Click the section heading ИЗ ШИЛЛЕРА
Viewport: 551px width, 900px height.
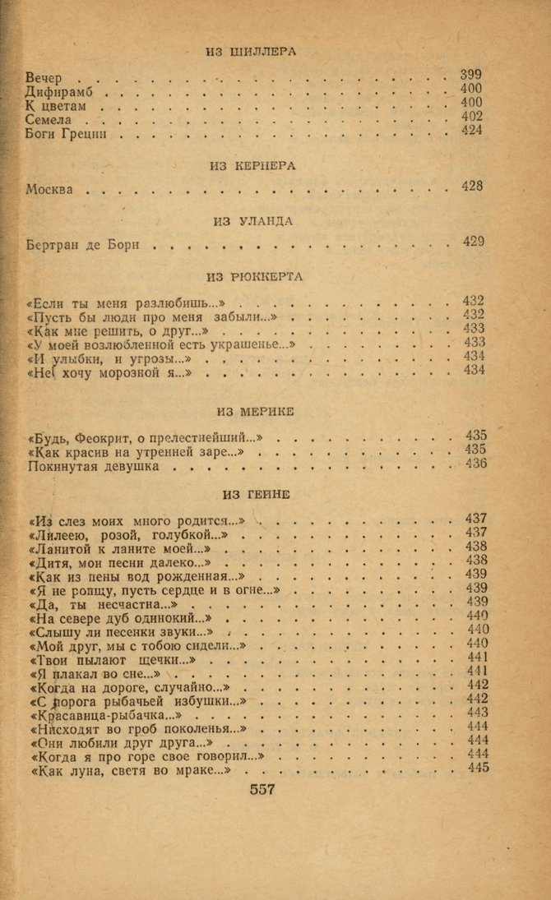(252, 51)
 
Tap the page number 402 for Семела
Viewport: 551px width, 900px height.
(471, 117)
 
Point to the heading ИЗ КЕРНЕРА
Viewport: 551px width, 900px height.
(252, 165)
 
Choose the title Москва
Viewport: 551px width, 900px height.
(49, 189)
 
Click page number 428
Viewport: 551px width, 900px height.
(472, 187)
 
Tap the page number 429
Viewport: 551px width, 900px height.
(473, 241)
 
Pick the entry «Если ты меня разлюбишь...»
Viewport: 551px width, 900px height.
(126, 302)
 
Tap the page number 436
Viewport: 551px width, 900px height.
(475, 464)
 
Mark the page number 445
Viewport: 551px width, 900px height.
(477, 768)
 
